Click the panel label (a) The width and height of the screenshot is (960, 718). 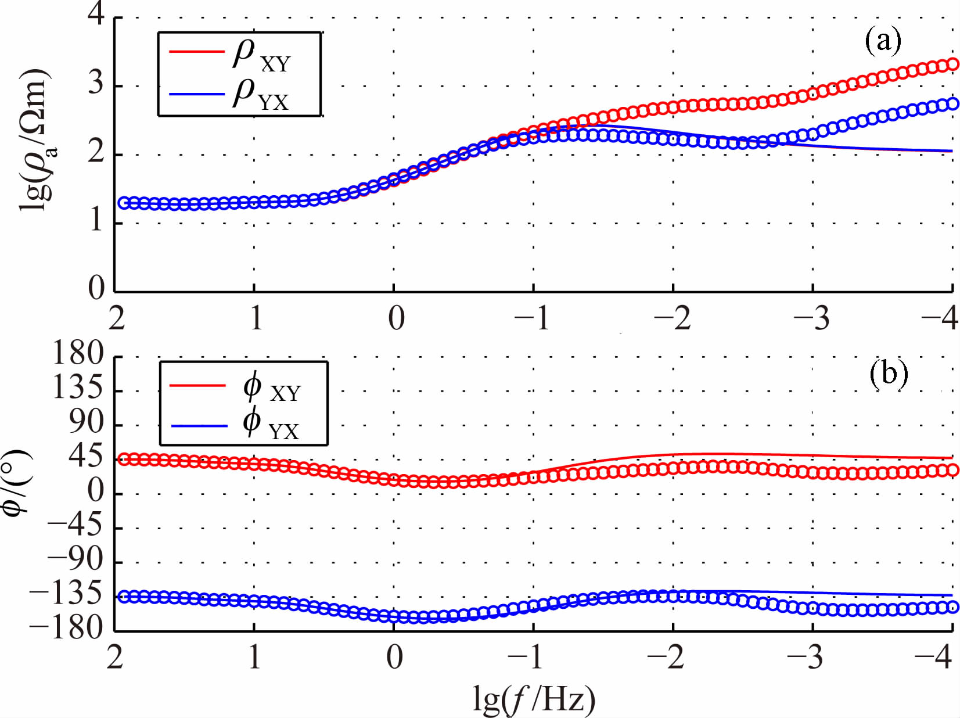[x=883, y=41]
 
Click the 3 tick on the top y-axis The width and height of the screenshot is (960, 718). [x=96, y=84]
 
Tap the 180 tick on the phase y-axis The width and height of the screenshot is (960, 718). [x=78, y=353]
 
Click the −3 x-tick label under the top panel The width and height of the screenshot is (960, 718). [x=812, y=318]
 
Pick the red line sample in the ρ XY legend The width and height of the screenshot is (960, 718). [x=196, y=52]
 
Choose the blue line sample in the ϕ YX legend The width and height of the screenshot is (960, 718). [x=199, y=426]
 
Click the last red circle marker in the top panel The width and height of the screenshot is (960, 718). [x=952, y=64]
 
